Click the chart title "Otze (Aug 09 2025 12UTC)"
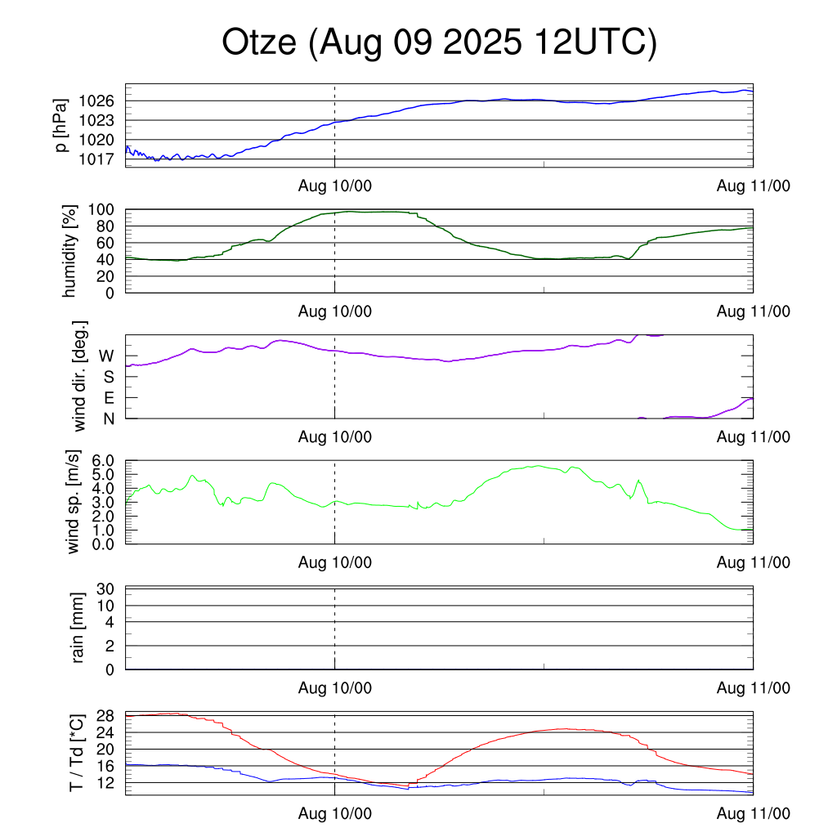[439, 43]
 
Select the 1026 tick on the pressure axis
[102, 101]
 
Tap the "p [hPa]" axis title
[60, 125]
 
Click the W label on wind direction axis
[107, 356]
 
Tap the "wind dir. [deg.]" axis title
[80, 377]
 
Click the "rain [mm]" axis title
[78, 629]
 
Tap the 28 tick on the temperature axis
[108, 716]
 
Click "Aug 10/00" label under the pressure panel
[335, 186]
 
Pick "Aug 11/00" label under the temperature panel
[753, 814]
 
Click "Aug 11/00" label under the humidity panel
[753, 311]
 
